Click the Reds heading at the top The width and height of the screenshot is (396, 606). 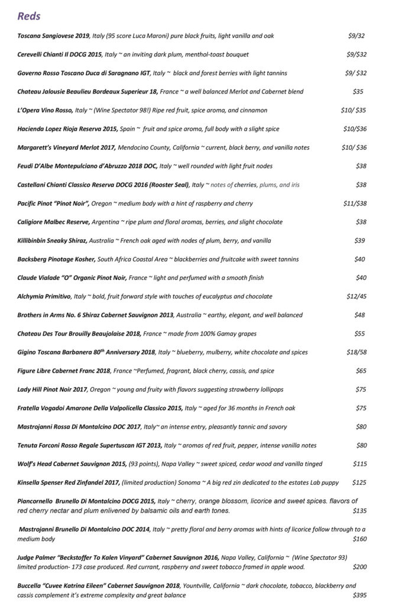point(30,16)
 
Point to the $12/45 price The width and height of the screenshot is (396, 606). point(356,296)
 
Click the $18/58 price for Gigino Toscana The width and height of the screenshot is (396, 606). point(356,352)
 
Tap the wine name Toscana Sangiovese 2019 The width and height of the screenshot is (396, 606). point(53,36)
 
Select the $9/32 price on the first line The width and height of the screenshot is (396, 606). point(356,36)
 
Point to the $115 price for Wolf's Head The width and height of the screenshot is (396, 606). point(359,463)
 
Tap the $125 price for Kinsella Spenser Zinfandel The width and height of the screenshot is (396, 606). point(359,483)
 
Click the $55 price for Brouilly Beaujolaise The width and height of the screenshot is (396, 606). point(360,334)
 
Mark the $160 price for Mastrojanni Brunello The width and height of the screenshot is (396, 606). point(359,539)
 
